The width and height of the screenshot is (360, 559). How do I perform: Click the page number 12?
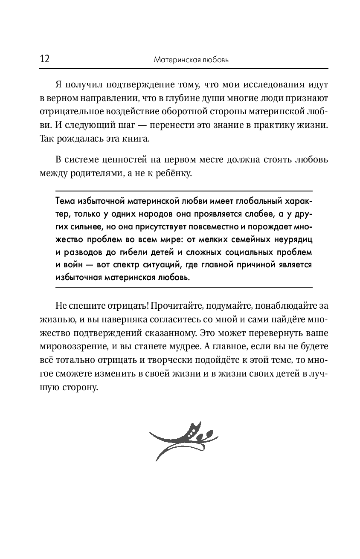(44, 59)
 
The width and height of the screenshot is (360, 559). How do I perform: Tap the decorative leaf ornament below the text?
(183, 440)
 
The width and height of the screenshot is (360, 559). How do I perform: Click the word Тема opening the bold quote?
(66, 200)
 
